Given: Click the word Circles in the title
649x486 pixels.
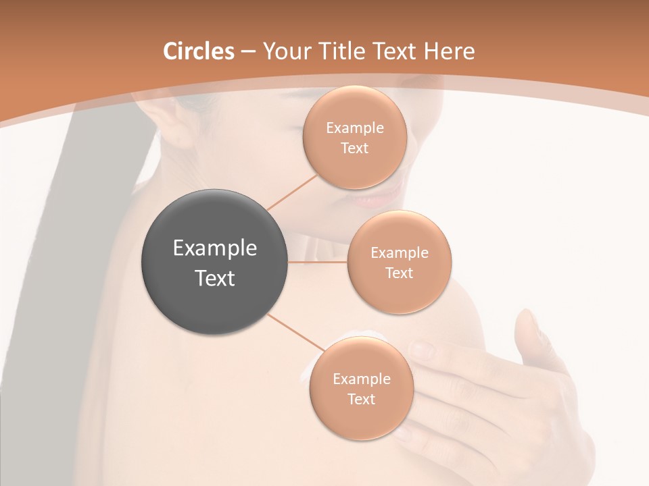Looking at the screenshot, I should point(199,51).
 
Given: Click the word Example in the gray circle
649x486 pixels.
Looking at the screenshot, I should point(215,248).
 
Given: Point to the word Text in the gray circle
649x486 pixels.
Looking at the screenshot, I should point(215,278).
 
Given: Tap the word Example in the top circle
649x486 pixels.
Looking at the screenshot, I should point(355,128).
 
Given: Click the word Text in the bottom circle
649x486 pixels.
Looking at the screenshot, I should point(361,399).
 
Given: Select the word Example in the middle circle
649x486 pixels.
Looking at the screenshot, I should point(399,252).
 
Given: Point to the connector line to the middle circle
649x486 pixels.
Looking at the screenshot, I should point(318,261).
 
